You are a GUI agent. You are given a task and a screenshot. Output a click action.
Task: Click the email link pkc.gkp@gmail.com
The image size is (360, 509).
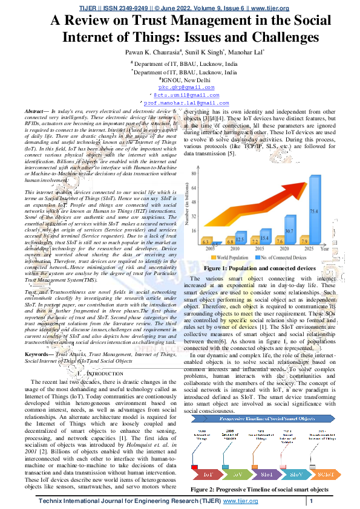coord(180,88)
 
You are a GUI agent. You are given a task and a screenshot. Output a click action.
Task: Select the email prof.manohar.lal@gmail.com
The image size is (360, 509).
coord(180,103)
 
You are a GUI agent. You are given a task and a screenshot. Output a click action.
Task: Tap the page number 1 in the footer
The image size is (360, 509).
coord(310,501)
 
